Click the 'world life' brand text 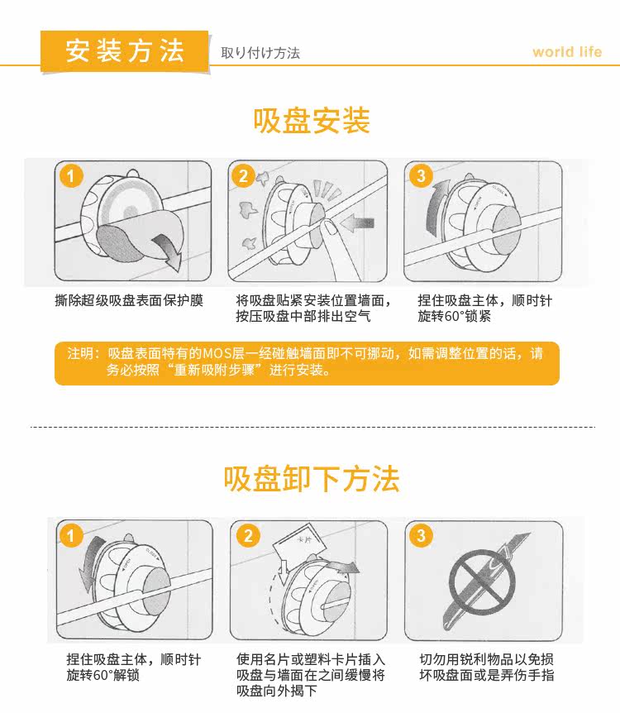[x=567, y=52]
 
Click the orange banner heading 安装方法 [x=125, y=50]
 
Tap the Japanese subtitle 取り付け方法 [x=260, y=53]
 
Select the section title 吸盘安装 [x=312, y=121]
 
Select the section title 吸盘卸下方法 [x=312, y=479]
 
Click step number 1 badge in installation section [x=70, y=175]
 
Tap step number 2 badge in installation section [x=243, y=175]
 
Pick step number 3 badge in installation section [x=421, y=175]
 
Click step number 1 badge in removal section [x=70, y=535]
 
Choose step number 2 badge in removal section [x=248, y=535]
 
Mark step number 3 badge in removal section [x=421, y=535]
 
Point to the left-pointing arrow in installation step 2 [x=357, y=223]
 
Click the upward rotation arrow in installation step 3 [x=435, y=207]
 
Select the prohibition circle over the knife [x=482, y=582]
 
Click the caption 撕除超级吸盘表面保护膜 [x=129, y=300]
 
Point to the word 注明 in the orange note [x=80, y=353]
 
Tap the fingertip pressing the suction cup [x=328, y=226]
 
